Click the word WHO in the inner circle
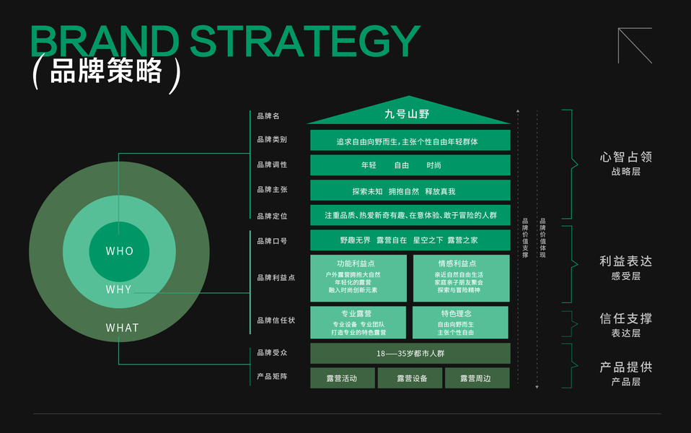120,251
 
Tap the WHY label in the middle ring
118,289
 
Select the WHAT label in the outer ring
122,328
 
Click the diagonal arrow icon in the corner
635,45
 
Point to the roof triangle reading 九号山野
408,113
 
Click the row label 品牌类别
272,139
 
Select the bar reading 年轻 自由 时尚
410,165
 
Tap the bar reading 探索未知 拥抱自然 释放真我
410,191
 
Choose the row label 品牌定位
272,216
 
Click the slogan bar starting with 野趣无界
410,240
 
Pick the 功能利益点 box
358,279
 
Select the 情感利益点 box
462,279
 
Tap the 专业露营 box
358,323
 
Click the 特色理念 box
460,323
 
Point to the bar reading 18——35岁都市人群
410,353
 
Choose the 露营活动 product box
343,378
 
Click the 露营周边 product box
477,378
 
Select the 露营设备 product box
410,378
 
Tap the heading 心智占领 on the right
626,157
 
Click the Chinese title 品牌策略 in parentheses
106,71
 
